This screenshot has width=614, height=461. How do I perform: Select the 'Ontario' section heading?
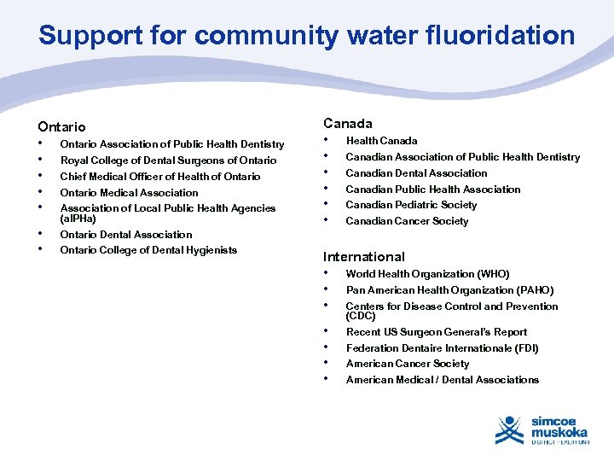tap(62, 127)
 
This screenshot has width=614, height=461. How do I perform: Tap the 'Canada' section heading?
tap(347, 124)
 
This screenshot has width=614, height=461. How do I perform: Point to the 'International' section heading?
tap(364, 257)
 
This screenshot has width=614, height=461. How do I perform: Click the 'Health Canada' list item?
tap(381, 141)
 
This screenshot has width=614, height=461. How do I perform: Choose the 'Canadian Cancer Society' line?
tap(407, 221)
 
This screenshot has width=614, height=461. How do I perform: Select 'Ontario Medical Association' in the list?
tap(129, 193)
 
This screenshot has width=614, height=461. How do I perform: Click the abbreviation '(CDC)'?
tap(360, 316)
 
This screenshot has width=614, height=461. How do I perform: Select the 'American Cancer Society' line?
tap(408, 364)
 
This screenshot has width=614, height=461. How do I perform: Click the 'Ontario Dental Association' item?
tap(126, 235)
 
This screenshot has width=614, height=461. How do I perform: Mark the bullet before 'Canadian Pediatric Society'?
tap(327, 203)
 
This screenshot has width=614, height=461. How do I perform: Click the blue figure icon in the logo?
tap(510, 429)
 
